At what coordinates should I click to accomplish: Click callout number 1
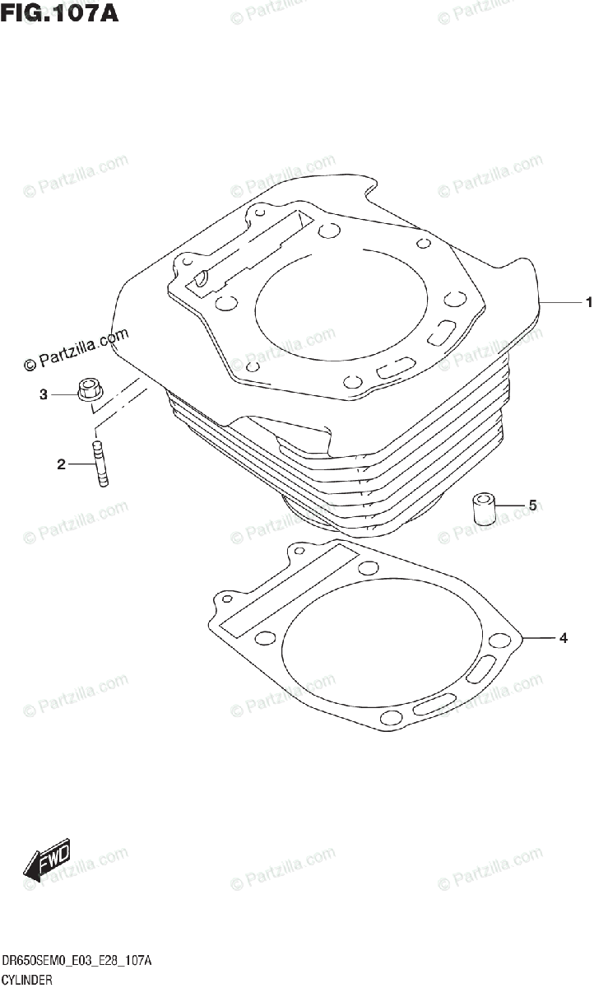[588, 303]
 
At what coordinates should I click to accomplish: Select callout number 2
[61, 465]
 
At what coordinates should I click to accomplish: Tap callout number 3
[44, 395]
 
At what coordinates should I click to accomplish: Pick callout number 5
[531, 506]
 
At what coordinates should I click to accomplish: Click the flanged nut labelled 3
[88, 391]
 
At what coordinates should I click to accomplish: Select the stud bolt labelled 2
[100, 466]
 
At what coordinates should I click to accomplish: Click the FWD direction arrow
[48, 861]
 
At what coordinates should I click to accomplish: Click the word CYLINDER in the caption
[27, 980]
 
